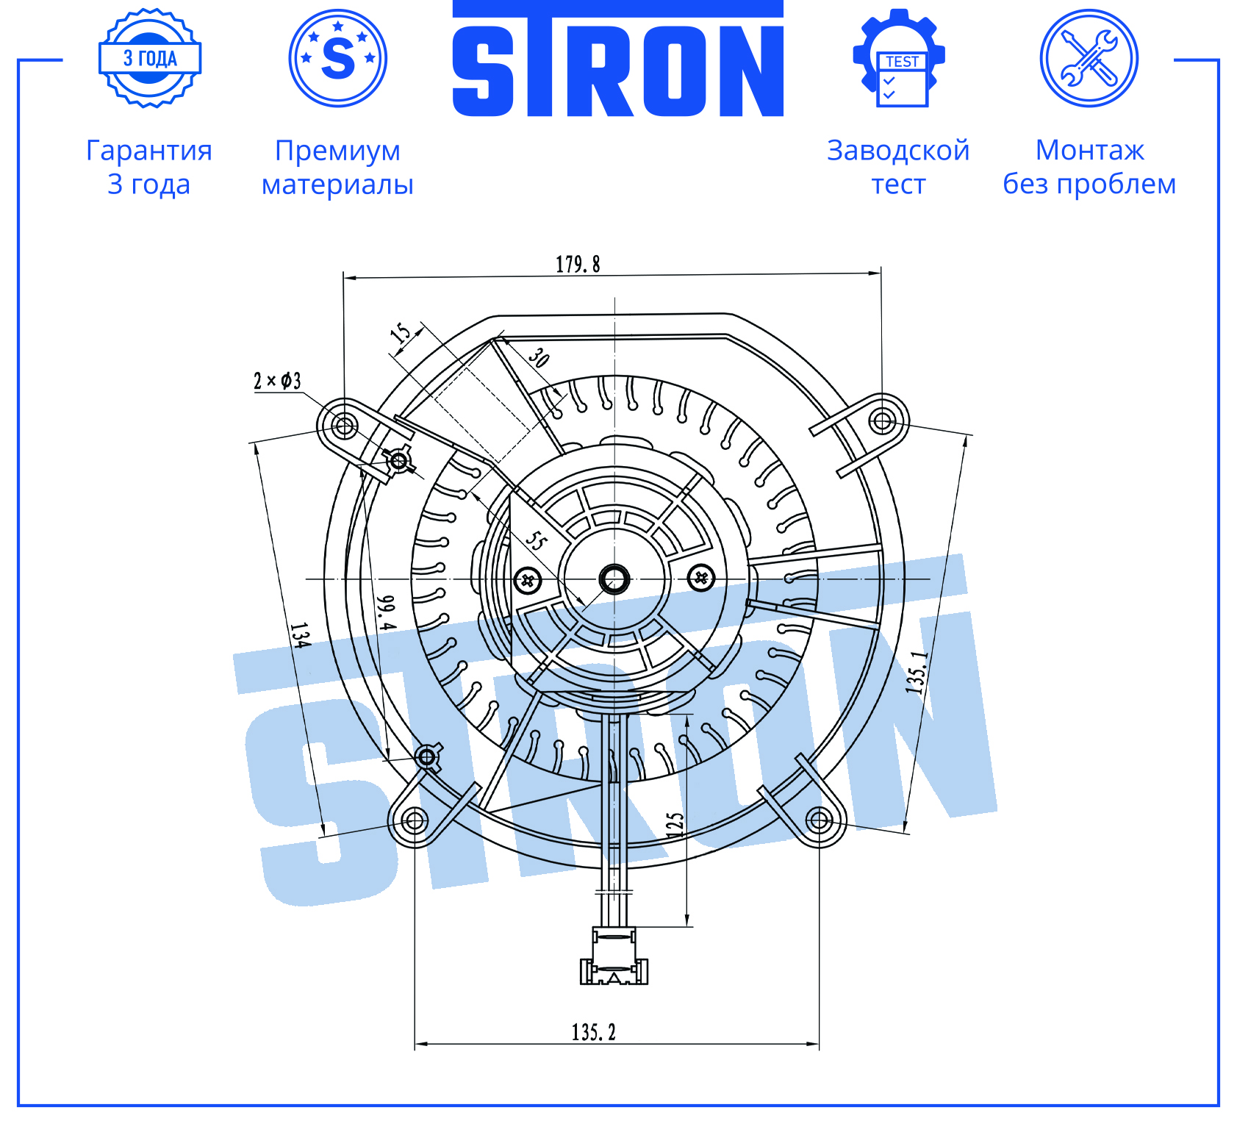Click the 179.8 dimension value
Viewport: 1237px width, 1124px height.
click(578, 264)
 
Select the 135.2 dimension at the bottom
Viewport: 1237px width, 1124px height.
click(594, 1032)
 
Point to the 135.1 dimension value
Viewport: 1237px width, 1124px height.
click(917, 673)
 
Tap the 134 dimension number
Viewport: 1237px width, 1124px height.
click(300, 635)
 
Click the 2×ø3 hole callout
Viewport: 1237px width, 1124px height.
click(277, 381)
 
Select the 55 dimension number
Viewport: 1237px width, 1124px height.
click(537, 541)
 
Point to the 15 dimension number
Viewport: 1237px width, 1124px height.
click(401, 332)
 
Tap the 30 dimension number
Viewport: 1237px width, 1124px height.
click(539, 357)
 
